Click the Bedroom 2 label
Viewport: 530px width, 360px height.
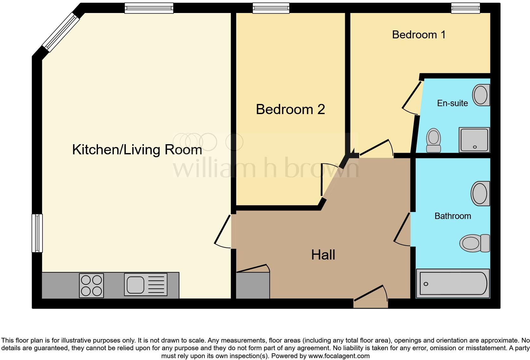coord(290,109)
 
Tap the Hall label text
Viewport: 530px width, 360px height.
coord(323,255)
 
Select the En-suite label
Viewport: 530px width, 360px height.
coord(452,103)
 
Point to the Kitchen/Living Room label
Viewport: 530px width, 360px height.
coord(137,150)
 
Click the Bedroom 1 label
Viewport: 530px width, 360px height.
coord(419,35)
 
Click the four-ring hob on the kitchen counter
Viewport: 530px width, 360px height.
coord(91,285)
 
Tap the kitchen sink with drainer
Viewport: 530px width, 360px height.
coord(145,285)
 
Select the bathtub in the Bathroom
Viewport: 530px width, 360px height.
coord(453,284)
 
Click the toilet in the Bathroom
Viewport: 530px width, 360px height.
coord(474,243)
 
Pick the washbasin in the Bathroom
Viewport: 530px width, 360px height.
coord(480,194)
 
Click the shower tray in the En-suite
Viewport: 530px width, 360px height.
coord(474,140)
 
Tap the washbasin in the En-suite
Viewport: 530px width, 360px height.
coord(481,95)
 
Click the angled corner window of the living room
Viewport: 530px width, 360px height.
coord(61,33)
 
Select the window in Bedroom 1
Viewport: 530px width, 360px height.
coord(465,8)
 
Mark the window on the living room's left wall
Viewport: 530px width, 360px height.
coord(37,233)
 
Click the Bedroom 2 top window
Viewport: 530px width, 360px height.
coord(271,8)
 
